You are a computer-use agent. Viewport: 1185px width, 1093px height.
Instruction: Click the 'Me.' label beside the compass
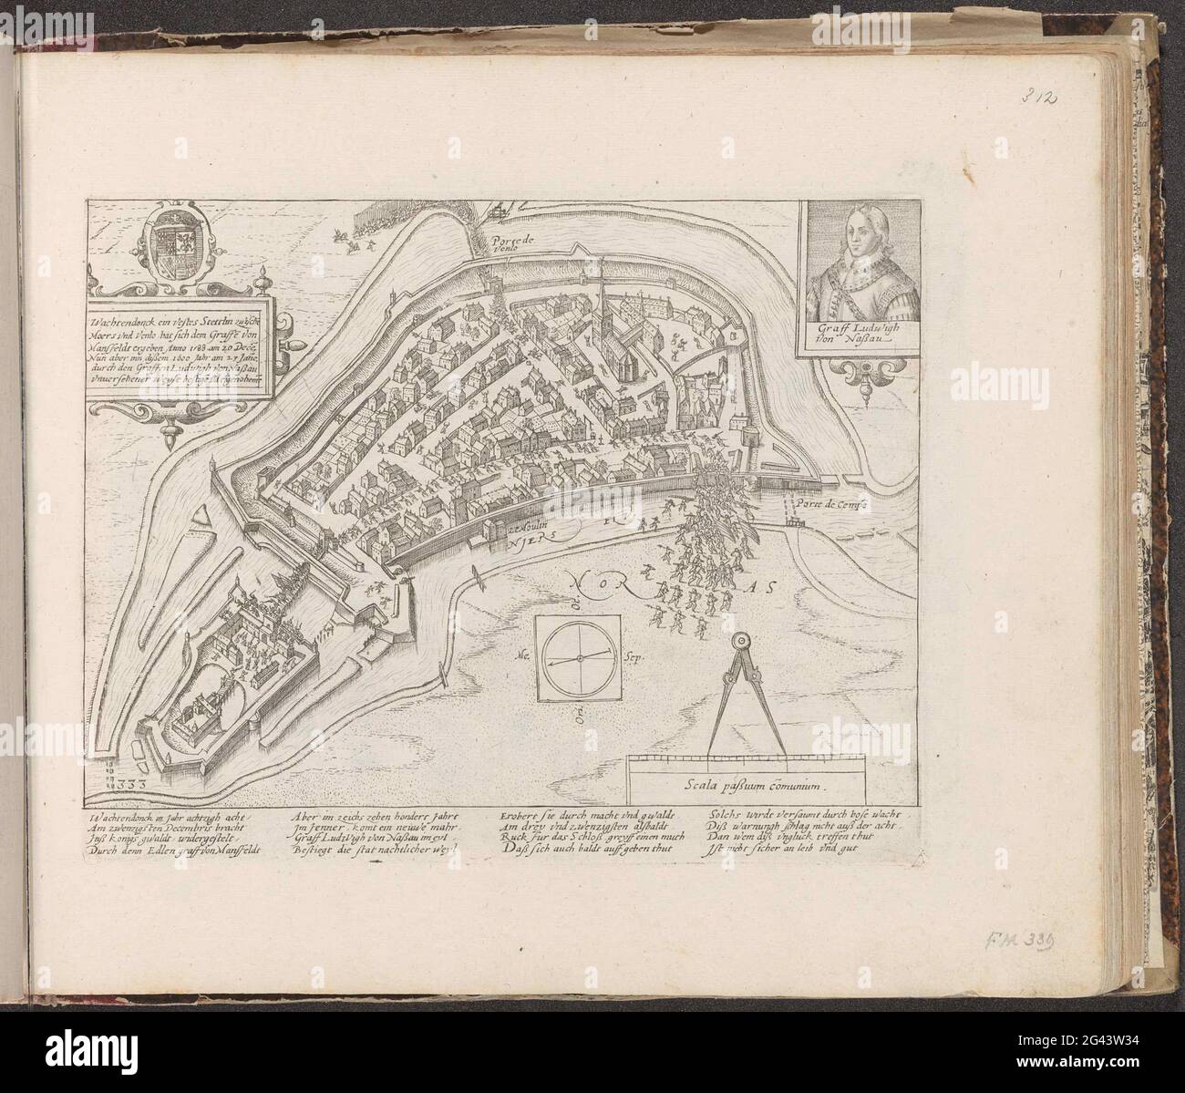[x=523, y=655]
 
